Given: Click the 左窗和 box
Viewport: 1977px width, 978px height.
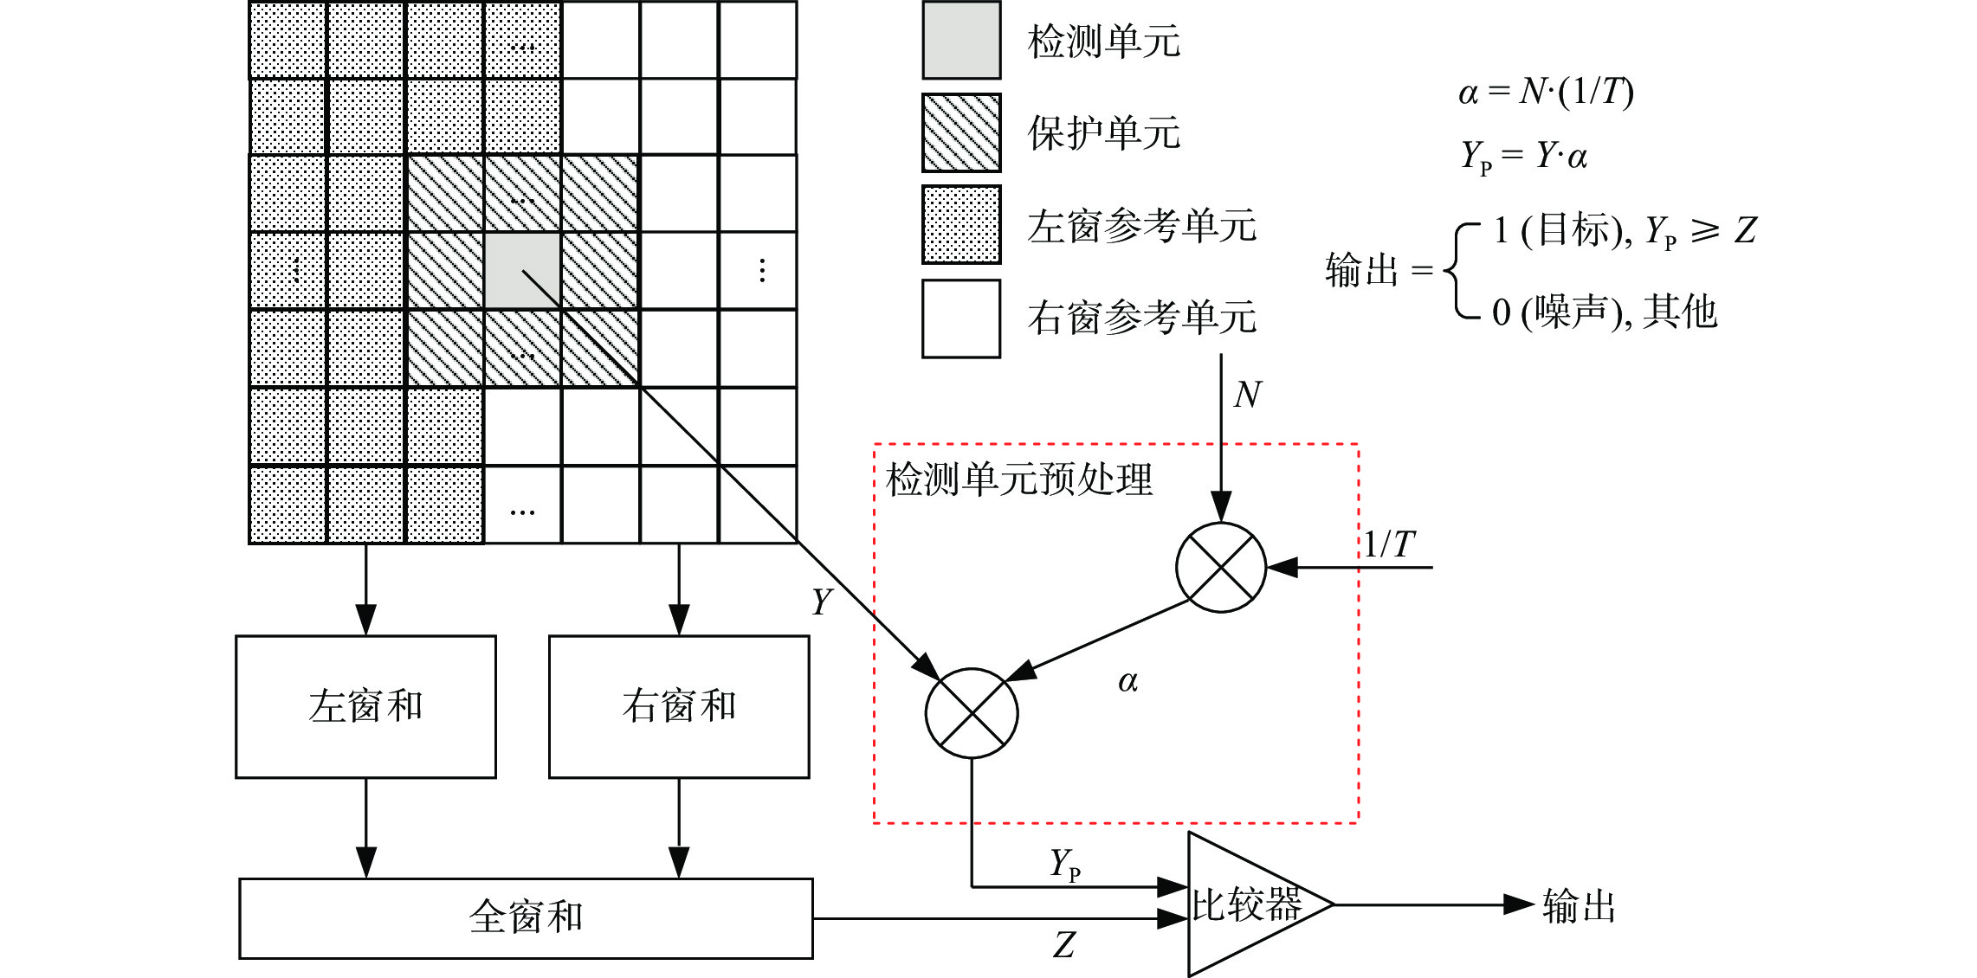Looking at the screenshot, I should coord(365,706).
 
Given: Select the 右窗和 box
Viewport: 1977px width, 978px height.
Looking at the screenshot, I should coord(679,706).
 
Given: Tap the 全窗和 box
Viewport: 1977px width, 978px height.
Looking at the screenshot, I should coord(526,917).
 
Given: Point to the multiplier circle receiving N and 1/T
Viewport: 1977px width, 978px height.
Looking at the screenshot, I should coord(1221,568).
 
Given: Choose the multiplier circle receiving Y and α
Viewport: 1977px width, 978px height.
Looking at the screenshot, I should coord(972,713).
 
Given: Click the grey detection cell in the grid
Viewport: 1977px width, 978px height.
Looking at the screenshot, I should coord(521,270).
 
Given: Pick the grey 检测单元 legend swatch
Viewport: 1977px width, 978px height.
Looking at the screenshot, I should coord(961,41).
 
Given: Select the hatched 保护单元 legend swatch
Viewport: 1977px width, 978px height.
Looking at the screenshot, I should coord(961,132).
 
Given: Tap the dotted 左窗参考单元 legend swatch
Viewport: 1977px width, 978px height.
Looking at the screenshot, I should coord(961,225).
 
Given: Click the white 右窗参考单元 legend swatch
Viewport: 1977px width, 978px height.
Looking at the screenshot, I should coord(961,318).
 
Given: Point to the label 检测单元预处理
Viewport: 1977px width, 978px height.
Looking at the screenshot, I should coord(1019,479).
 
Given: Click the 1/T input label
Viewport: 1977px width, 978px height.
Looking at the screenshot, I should coord(1389,544).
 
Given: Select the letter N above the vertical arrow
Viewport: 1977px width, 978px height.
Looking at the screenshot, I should coord(1248,395).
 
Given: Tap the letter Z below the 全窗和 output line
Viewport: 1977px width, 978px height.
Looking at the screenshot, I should coord(1064,944).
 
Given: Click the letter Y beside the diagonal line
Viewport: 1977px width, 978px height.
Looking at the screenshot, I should coord(822,601).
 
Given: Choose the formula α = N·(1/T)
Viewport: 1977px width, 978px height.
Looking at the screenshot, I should coord(1546,92).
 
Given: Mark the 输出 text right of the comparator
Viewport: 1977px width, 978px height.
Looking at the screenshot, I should coord(1579,906).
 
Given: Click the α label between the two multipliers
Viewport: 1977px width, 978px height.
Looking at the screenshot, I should coord(1127,682).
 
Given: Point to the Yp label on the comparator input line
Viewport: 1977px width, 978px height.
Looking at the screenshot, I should coord(1065,864).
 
